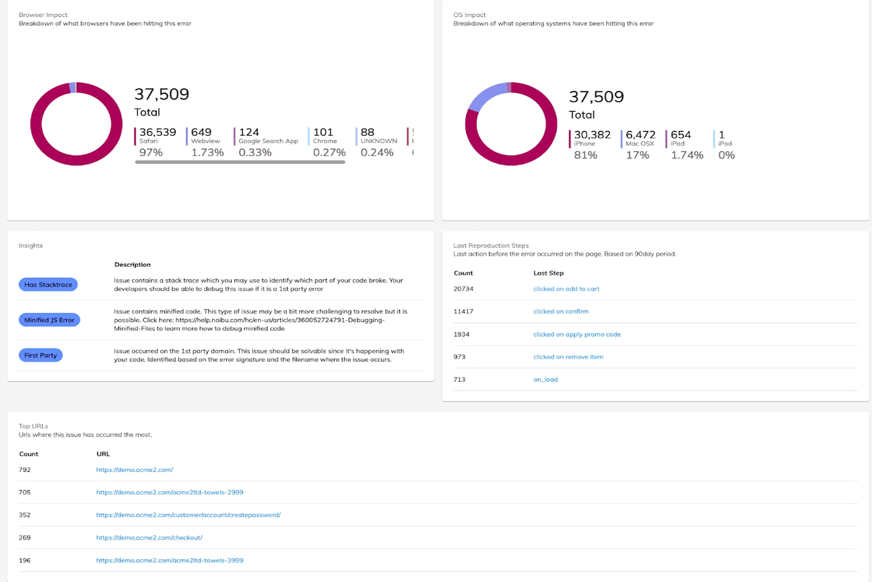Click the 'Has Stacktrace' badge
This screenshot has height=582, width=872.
[x=48, y=285]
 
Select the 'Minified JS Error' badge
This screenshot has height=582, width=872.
[x=49, y=320]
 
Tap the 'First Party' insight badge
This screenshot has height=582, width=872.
[x=41, y=356]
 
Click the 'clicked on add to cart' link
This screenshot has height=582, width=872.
[x=566, y=289]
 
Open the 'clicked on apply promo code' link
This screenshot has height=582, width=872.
[x=577, y=334]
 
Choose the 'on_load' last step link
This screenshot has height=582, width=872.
[x=546, y=380]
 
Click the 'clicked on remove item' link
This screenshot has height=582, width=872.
[x=568, y=357]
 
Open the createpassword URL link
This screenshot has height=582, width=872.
[x=188, y=515]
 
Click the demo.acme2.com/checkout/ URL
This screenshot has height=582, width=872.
[x=149, y=538]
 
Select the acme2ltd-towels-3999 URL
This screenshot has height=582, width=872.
[x=170, y=561]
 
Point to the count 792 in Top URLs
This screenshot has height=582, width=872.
[x=25, y=470]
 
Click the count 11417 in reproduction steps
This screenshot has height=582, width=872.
[x=463, y=311]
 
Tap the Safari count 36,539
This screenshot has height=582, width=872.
[x=157, y=132]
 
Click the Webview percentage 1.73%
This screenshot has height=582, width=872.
[x=207, y=153]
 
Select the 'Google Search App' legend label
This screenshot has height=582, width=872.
[x=268, y=142]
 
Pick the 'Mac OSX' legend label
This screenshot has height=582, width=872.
[x=639, y=144]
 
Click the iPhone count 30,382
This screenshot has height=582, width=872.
[x=592, y=135]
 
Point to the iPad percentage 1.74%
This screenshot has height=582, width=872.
[x=687, y=155]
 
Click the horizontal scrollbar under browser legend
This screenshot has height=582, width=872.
[x=240, y=162]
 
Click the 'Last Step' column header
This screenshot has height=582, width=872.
[x=548, y=273]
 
